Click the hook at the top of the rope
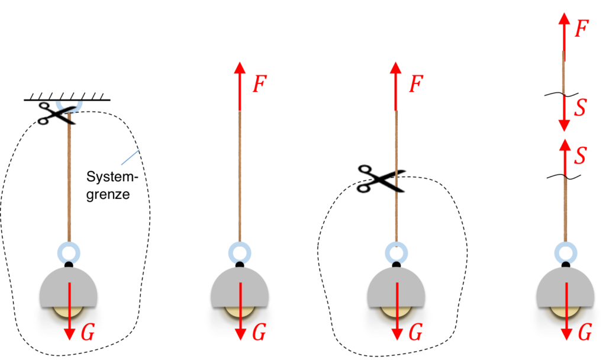tap(69, 107)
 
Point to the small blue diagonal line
tap(130, 157)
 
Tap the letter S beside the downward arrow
tap(581, 108)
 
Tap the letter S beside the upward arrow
tap(581, 155)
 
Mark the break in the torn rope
tap(396, 181)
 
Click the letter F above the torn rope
tap(416, 84)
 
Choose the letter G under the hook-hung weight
tap(87, 333)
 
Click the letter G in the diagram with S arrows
tap(585, 333)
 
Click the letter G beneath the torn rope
tap(415, 333)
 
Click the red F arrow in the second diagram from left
tap(240, 86)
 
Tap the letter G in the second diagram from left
tap(259, 333)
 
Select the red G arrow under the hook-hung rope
tap(70, 311)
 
